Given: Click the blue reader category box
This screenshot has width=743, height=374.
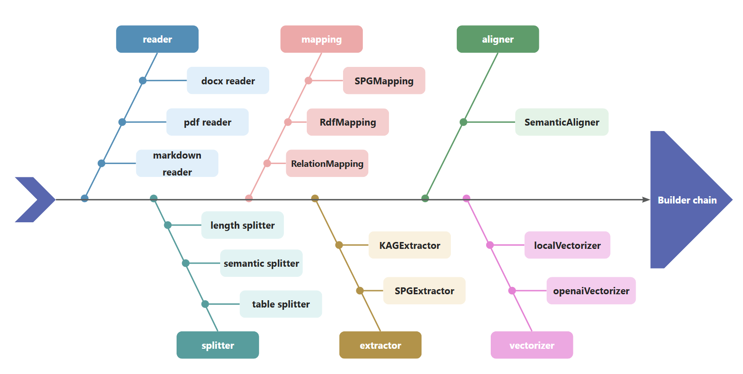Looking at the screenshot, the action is click(x=157, y=39).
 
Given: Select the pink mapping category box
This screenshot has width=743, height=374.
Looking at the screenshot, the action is click(x=322, y=39).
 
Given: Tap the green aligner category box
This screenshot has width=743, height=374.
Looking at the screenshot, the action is click(x=498, y=39).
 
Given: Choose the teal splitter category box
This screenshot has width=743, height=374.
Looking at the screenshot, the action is click(x=217, y=345).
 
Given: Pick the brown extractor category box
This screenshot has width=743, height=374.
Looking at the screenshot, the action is click(x=380, y=345).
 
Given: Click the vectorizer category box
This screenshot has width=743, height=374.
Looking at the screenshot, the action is click(x=532, y=345).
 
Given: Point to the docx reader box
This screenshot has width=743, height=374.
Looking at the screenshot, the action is click(x=228, y=81).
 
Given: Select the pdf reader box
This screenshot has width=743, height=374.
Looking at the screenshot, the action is click(x=207, y=122).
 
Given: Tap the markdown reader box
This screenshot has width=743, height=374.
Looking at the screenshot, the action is click(x=177, y=163).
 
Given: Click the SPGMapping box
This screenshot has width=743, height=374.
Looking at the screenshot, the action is click(x=384, y=81).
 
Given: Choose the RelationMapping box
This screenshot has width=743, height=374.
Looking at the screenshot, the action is click(x=327, y=163).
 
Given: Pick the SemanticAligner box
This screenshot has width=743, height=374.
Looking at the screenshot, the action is click(x=561, y=122).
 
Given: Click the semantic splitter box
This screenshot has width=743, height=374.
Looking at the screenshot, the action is click(x=261, y=263).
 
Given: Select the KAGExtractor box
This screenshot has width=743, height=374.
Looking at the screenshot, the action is click(x=410, y=245).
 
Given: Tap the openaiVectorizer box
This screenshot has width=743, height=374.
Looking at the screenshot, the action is click(x=591, y=291).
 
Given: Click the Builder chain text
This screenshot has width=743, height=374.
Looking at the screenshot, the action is click(x=687, y=200).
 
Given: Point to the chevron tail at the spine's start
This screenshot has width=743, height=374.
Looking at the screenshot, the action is click(x=35, y=199).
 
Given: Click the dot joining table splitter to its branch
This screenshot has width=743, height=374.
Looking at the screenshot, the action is click(x=205, y=304).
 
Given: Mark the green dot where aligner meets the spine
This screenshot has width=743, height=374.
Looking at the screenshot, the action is click(x=425, y=198).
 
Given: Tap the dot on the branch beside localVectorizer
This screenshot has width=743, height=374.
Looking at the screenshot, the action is click(x=490, y=245).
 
